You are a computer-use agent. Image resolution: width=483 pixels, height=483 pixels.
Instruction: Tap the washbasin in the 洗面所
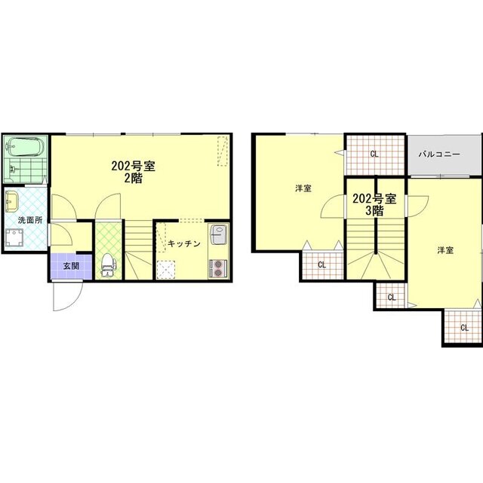(x=12, y=201)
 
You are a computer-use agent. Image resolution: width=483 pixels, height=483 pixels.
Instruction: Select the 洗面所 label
(x=30, y=220)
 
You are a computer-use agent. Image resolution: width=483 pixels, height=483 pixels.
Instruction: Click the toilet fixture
(x=108, y=265)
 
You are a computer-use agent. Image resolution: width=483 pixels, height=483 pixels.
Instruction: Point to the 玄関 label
(x=71, y=267)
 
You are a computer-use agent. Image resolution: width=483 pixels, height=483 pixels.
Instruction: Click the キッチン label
(x=184, y=243)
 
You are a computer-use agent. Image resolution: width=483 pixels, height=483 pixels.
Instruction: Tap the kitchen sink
(x=219, y=234)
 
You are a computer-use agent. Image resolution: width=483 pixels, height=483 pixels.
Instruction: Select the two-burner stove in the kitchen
(x=219, y=268)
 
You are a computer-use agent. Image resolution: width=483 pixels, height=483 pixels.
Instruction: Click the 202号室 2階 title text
(x=134, y=173)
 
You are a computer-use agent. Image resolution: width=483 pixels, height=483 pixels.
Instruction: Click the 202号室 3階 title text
(x=374, y=204)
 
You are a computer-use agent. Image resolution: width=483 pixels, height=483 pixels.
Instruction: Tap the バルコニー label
(x=439, y=154)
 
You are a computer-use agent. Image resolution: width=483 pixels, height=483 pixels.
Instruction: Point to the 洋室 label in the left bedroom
(x=303, y=188)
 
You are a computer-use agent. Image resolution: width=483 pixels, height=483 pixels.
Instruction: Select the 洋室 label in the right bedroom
(x=445, y=250)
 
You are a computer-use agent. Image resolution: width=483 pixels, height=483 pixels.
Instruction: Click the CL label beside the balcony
(x=374, y=154)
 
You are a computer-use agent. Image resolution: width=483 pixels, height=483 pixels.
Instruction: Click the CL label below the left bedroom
(x=321, y=264)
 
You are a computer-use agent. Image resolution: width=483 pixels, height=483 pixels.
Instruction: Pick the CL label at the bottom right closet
(x=464, y=328)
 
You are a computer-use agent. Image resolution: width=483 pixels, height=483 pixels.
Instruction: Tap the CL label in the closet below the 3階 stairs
(x=392, y=297)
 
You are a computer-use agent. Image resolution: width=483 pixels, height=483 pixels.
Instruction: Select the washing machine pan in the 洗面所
(x=14, y=237)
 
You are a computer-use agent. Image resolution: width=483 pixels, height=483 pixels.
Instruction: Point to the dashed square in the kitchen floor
(x=166, y=270)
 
